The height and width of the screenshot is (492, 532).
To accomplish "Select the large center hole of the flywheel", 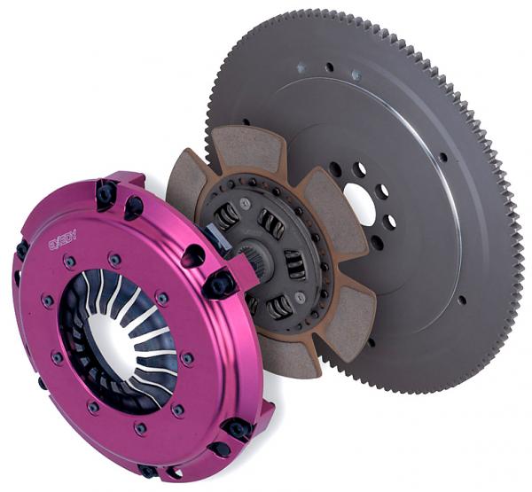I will (x=359, y=203).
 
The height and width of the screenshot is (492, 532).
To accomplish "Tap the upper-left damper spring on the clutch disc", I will (x=226, y=213).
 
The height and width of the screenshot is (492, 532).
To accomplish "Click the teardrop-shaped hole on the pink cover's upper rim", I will (x=192, y=257).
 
